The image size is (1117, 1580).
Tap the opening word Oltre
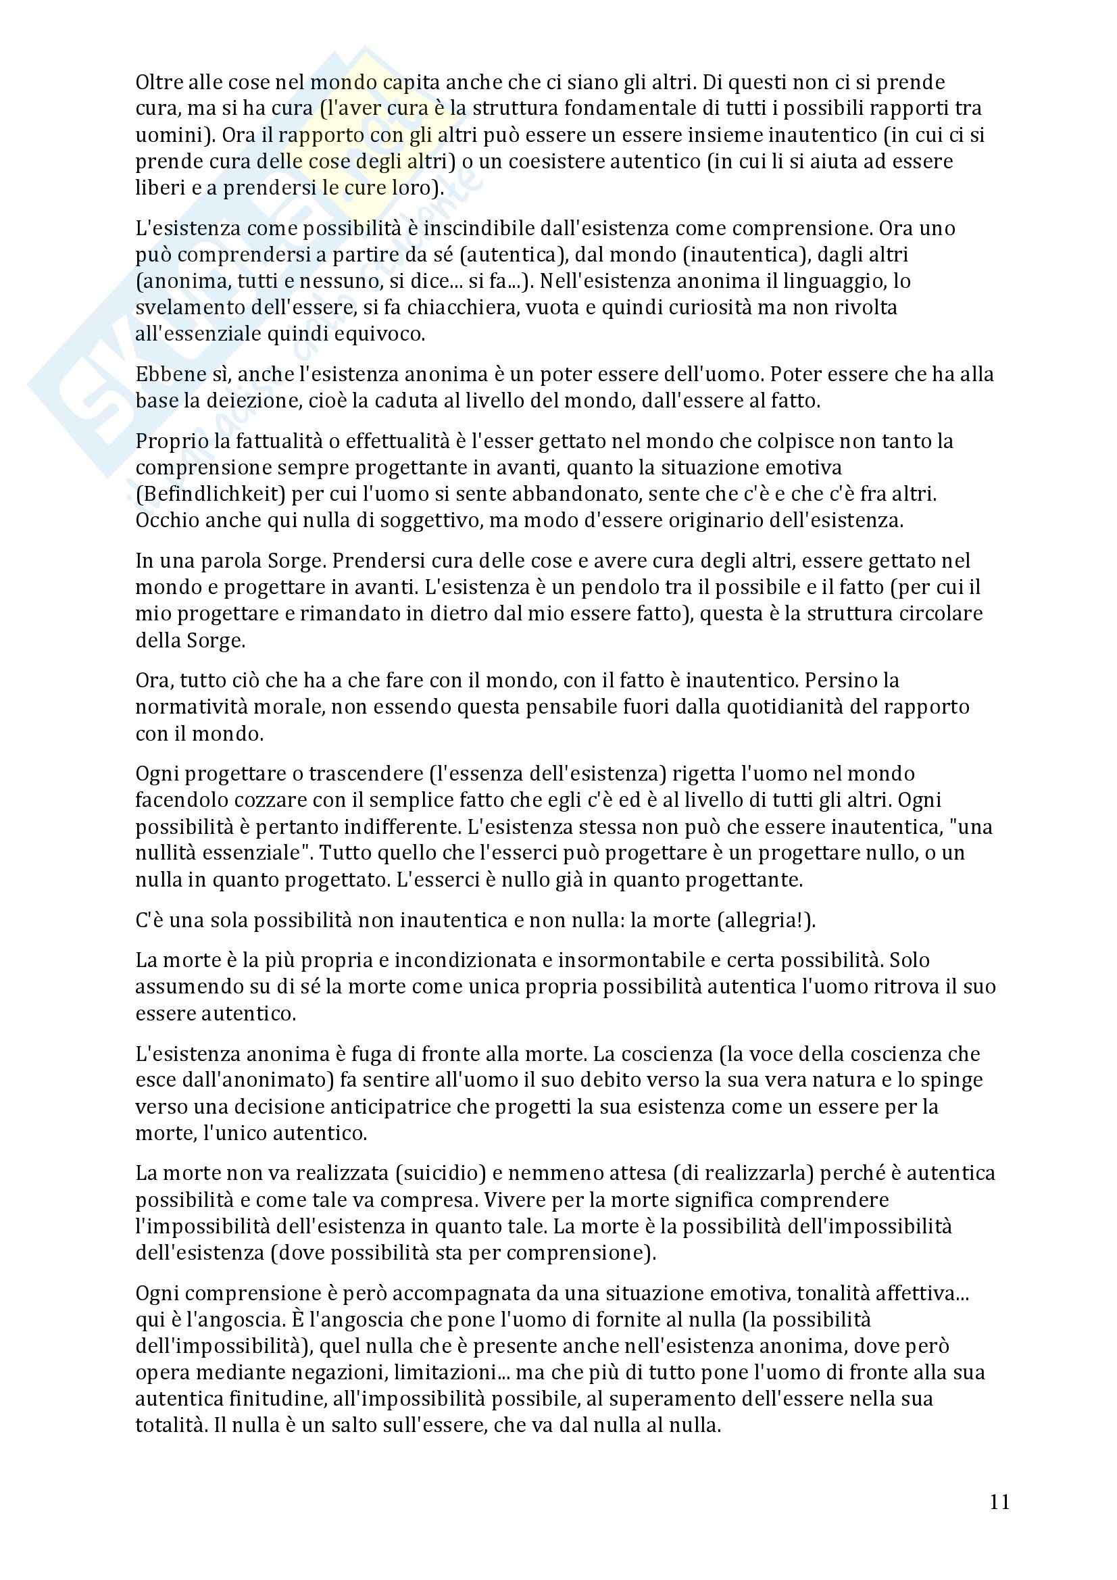click(x=157, y=82)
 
